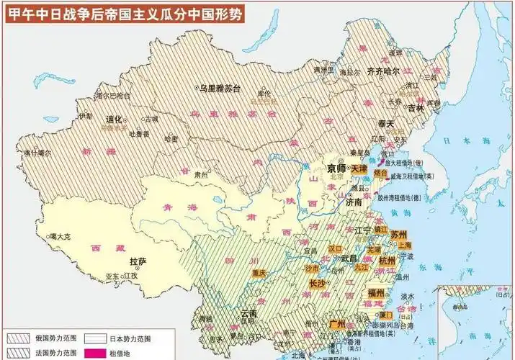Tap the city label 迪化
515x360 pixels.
point(113,120)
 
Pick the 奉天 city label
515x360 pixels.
point(388,124)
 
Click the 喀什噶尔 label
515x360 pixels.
point(37,153)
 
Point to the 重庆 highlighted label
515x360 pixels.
point(260,273)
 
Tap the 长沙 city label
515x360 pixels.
point(318,284)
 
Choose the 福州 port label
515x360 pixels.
point(377,293)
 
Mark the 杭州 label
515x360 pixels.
point(387,260)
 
